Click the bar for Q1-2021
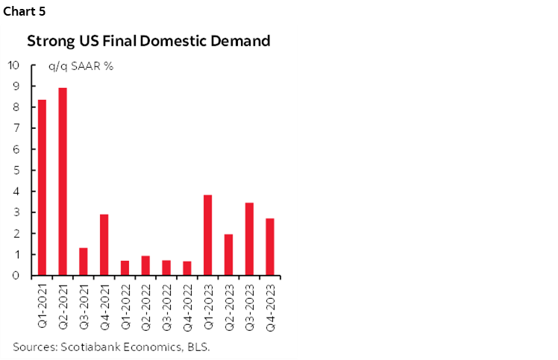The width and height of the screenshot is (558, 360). [43, 188]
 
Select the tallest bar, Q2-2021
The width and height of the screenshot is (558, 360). [63, 182]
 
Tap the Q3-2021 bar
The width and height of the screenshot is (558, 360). [84, 262]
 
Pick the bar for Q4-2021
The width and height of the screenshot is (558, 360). [104, 245]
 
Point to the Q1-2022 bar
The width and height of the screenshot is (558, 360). [125, 268]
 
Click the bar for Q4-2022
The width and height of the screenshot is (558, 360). [187, 268]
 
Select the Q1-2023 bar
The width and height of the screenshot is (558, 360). [208, 236]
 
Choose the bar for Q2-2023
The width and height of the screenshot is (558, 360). [229, 255]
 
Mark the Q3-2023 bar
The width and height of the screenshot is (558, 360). [249, 239]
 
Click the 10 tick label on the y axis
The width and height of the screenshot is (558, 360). [13, 65]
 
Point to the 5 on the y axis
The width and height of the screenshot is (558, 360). [16, 171]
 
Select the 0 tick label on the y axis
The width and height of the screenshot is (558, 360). [16, 276]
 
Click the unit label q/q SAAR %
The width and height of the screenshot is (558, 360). [81, 66]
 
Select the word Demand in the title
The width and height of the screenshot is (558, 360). [238, 41]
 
